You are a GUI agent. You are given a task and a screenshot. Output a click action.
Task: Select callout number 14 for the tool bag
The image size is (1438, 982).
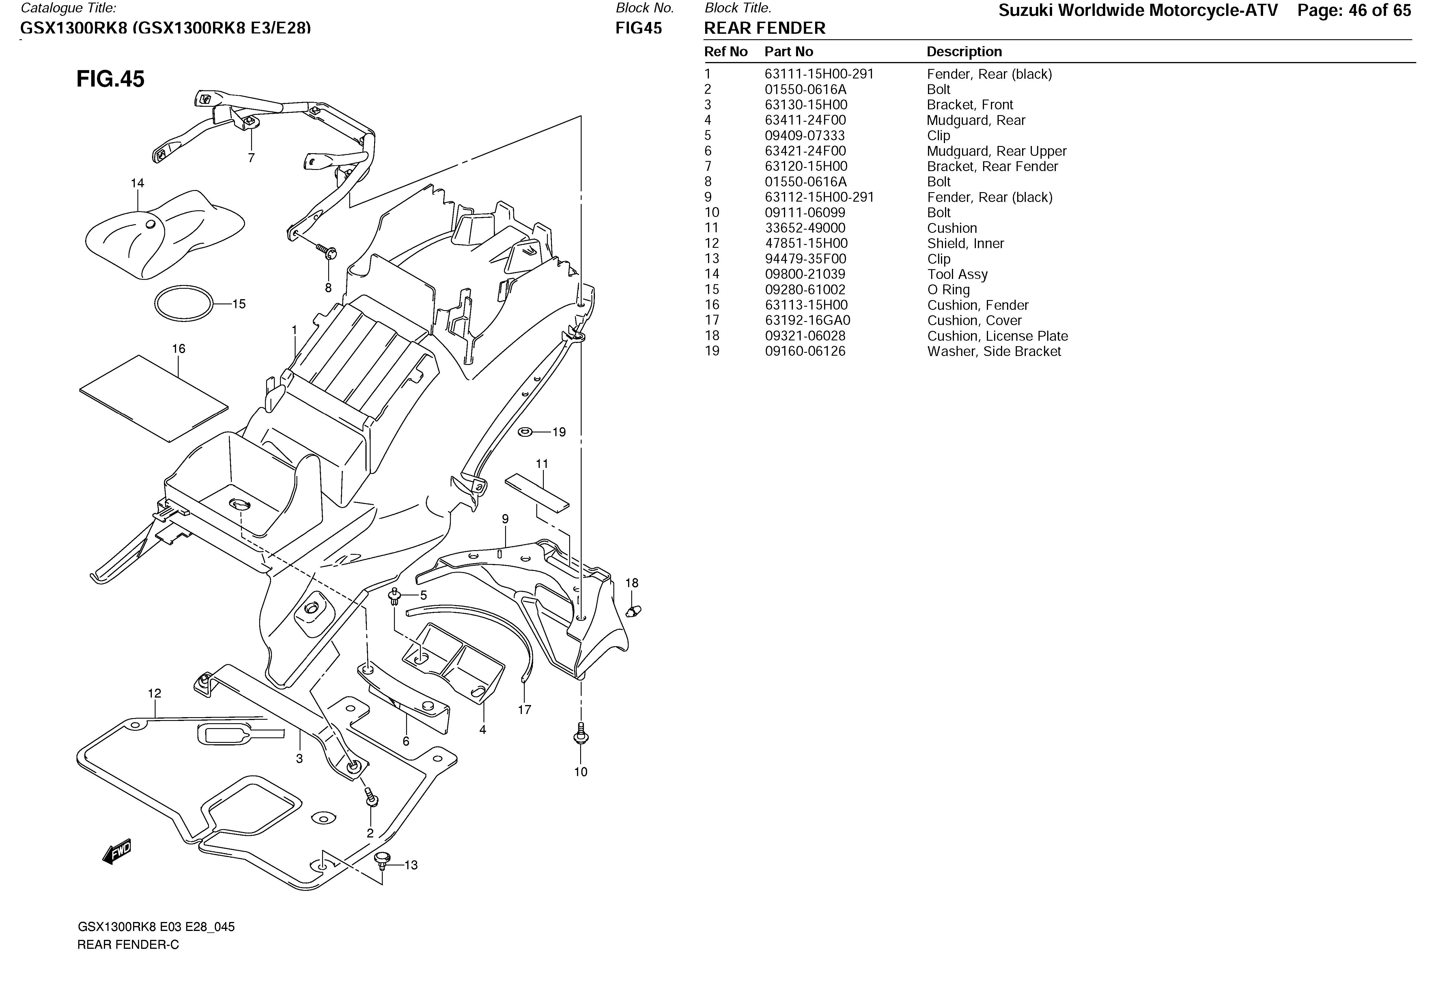pyautogui.click(x=137, y=183)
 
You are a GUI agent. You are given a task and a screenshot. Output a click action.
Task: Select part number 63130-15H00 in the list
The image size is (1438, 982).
pyautogui.click(x=806, y=105)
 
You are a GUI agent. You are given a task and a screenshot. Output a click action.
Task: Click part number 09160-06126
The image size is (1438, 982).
pyautogui.click(x=805, y=351)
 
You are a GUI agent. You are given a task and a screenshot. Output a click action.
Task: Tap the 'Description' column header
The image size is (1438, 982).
pyautogui.click(x=964, y=52)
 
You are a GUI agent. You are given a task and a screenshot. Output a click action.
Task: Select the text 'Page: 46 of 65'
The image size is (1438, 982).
pyautogui.click(x=1354, y=10)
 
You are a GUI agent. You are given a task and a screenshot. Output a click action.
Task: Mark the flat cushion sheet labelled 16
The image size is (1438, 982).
pyautogui.click(x=154, y=399)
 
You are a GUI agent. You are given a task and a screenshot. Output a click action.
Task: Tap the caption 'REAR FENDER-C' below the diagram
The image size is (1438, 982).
pyautogui.click(x=128, y=945)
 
